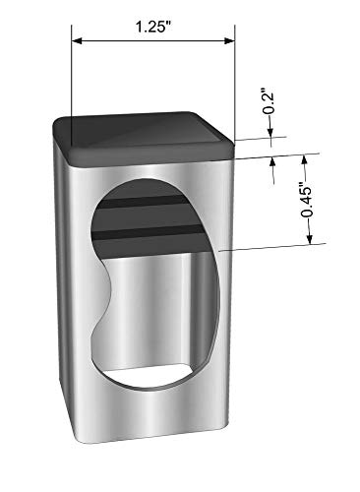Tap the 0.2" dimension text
click(x=269, y=100)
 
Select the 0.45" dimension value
click(x=307, y=203)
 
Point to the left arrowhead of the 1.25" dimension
click(x=77, y=41)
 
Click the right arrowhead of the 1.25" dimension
click(x=230, y=40)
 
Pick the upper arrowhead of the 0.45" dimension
click(x=304, y=159)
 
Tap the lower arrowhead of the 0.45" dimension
click(x=310, y=239)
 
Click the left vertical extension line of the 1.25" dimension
click(x=72, y=85)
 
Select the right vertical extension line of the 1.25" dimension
click(x=235, y=83)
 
